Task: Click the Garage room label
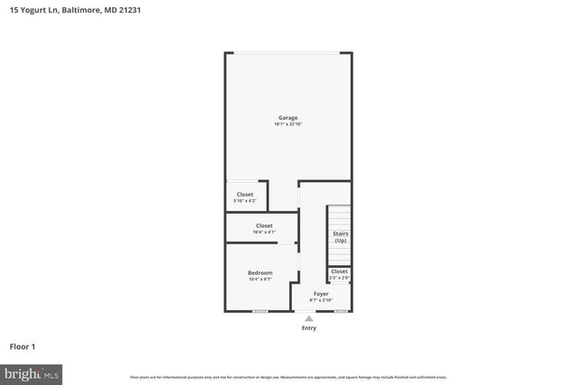pyautogui.click(x=288, y=117)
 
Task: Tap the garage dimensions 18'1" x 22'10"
pyautogui.click(x=288, y=124)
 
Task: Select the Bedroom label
pyautogui.click(x=260, y=272)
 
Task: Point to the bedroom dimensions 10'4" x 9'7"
pyautogui.click(x=260, y=280)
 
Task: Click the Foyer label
pyautogui.click(x=321, y=293)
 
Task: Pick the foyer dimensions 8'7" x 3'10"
pyautogui.click(x=321, y=300)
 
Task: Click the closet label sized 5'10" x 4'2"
pyautogui.click(x=245, y=194)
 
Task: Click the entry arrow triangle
pyautogui.click(x=308, y=317)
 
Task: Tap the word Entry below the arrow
pyautogui.click(x=308, y=327)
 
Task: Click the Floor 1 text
pyautogui.click(x=22, y=346)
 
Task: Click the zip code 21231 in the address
pyautogui.click(x=129, y=10)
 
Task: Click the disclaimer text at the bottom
pyautogui.click(x=288, y=377)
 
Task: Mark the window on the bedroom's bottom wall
pyautogui.click(x=260, y=311)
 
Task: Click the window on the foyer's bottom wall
pyautogui.click(x=341, y=311)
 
